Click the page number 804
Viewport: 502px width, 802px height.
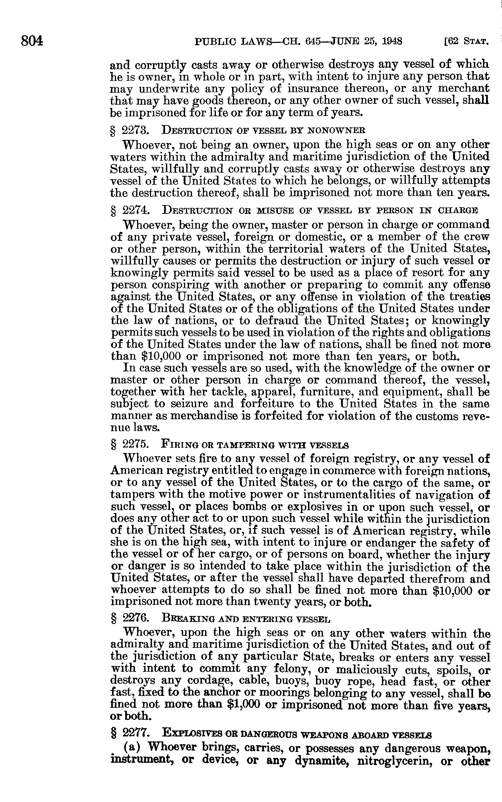[x=32, y=41]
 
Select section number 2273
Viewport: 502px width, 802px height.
[x=135, y=129]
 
